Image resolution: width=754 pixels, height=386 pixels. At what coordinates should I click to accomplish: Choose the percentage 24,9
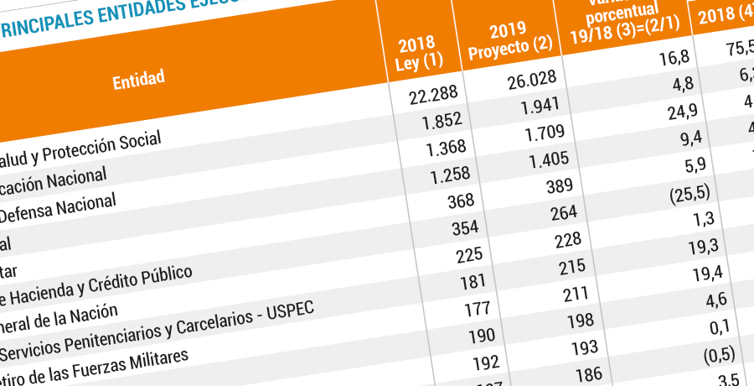673,111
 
